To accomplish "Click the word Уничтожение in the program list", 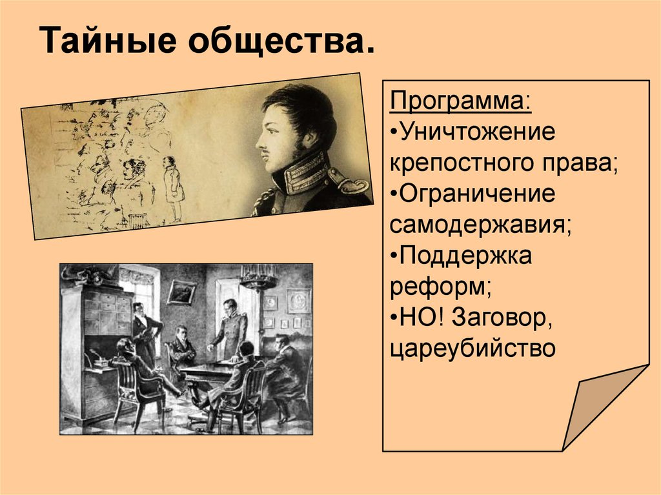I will [x=478, y=132].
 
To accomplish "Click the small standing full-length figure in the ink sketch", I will [x=172, y=187].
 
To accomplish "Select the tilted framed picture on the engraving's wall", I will [x=181, y=292].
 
